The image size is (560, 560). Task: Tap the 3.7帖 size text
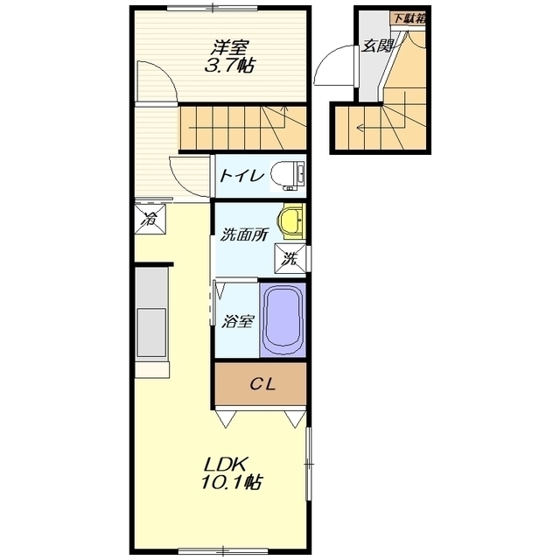pyautogui.click(x=229, y=66)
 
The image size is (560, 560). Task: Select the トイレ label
pyautogui.click(x=241, y=176)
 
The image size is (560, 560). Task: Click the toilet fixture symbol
pyautogui.click(x=288, y=175)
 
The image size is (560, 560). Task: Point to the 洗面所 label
pyautogui.click(x=243, y=234)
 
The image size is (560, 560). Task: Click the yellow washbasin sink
pyautogui.click(x=291, y=221)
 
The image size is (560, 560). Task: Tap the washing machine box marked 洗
pyautogui.click(x=290, y=258)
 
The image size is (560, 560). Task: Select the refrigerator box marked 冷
pyautogui.click(x=150, y=219)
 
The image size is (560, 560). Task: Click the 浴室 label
pyautogui.click(x=237, y=321)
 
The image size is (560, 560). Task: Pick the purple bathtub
pyautogui.click(x=283, y=319)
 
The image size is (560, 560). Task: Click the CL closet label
pyautogui.click(x=262, y=384)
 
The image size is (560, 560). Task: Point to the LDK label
pyautogui.click(x=226, y=465)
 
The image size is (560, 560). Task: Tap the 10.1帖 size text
pyautogui.click(x=231, y=482)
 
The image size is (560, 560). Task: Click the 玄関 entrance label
pyautogui.click(x=377, y=45)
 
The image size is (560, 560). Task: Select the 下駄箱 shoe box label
pyautogui.click(x=409, y=18)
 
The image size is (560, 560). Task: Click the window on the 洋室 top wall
pyautogui.click(x=213, y=8)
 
